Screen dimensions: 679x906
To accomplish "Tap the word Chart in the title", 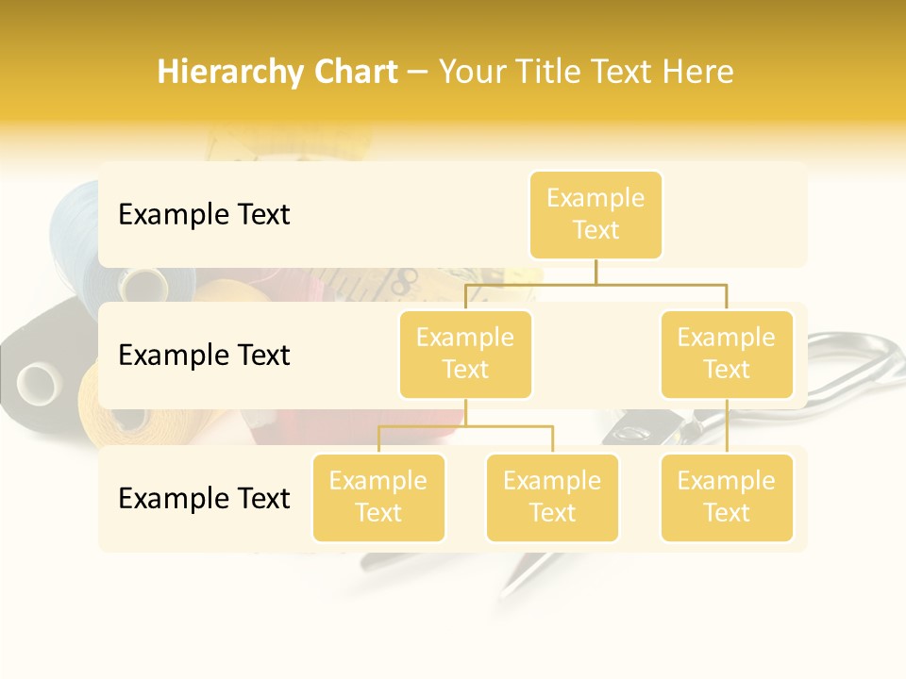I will click(356, 73).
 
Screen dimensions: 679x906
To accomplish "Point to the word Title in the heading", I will click(556, 73).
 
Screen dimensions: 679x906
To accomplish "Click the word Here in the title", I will click(698, 73).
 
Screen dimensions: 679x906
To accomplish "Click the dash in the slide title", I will click(417, 74).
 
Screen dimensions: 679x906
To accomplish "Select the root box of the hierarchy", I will click(596, 214).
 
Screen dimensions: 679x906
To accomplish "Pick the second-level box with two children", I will click(465, 354).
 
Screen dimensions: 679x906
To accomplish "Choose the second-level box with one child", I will click(727, 354).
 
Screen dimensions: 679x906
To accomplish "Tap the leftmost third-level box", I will click(378, 497).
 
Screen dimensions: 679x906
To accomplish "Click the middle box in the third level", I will click(552, 497).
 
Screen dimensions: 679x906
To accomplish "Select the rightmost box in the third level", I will click(727, 497).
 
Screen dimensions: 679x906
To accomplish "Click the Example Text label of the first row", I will click(204, 215).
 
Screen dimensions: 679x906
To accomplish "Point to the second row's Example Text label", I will click(204, 356).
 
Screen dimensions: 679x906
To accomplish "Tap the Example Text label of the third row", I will click(204, 498).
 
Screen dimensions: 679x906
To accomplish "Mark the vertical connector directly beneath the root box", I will click(596, 271).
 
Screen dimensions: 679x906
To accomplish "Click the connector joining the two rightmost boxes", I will click(727, 425).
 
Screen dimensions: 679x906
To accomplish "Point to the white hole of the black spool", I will click(39, 382).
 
